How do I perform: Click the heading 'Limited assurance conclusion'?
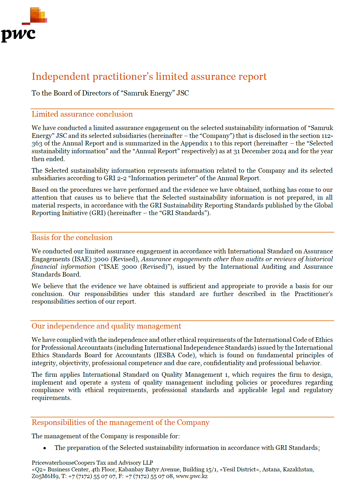pyautogui.click(x=82, y=114)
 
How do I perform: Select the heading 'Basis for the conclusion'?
pyautogui.click(x=72, y=238)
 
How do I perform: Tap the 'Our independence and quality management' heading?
pyautogui.click(x=106, y=326)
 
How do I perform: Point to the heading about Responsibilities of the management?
pyautogui.click(x=120, y=423)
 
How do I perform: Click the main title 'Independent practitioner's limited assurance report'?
pyautogui.click(x=149, y=77)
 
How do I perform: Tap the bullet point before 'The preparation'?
pyautogui.click(x=45, y=448)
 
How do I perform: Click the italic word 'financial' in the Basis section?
pyautogui.click(x=44, y=267)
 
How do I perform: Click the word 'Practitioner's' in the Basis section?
pyautogui.click(x=314, y=294)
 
